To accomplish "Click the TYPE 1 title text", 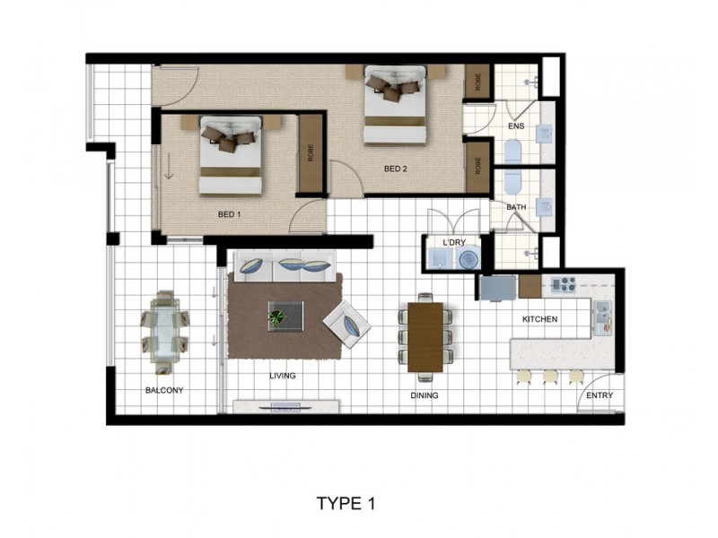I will tap(346, 503).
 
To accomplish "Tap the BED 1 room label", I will tap(230, 214).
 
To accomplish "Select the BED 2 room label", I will tap(396, 169).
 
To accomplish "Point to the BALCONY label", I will tap(164, 390).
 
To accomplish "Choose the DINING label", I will tap(425, 395).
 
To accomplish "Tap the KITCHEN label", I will tap(540, 319).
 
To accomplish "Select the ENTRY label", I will tap(599, 395).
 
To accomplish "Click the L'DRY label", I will tap(453, 243).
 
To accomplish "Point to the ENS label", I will tap(515, 126).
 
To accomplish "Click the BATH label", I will tap(516, 207).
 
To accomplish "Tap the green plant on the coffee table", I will tap(277, 316).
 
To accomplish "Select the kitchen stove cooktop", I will tap(562, 285).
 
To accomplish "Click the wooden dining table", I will tap(425, 336).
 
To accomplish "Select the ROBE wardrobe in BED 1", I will tap(311, 153).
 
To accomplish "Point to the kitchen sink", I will tap(601, 313).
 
